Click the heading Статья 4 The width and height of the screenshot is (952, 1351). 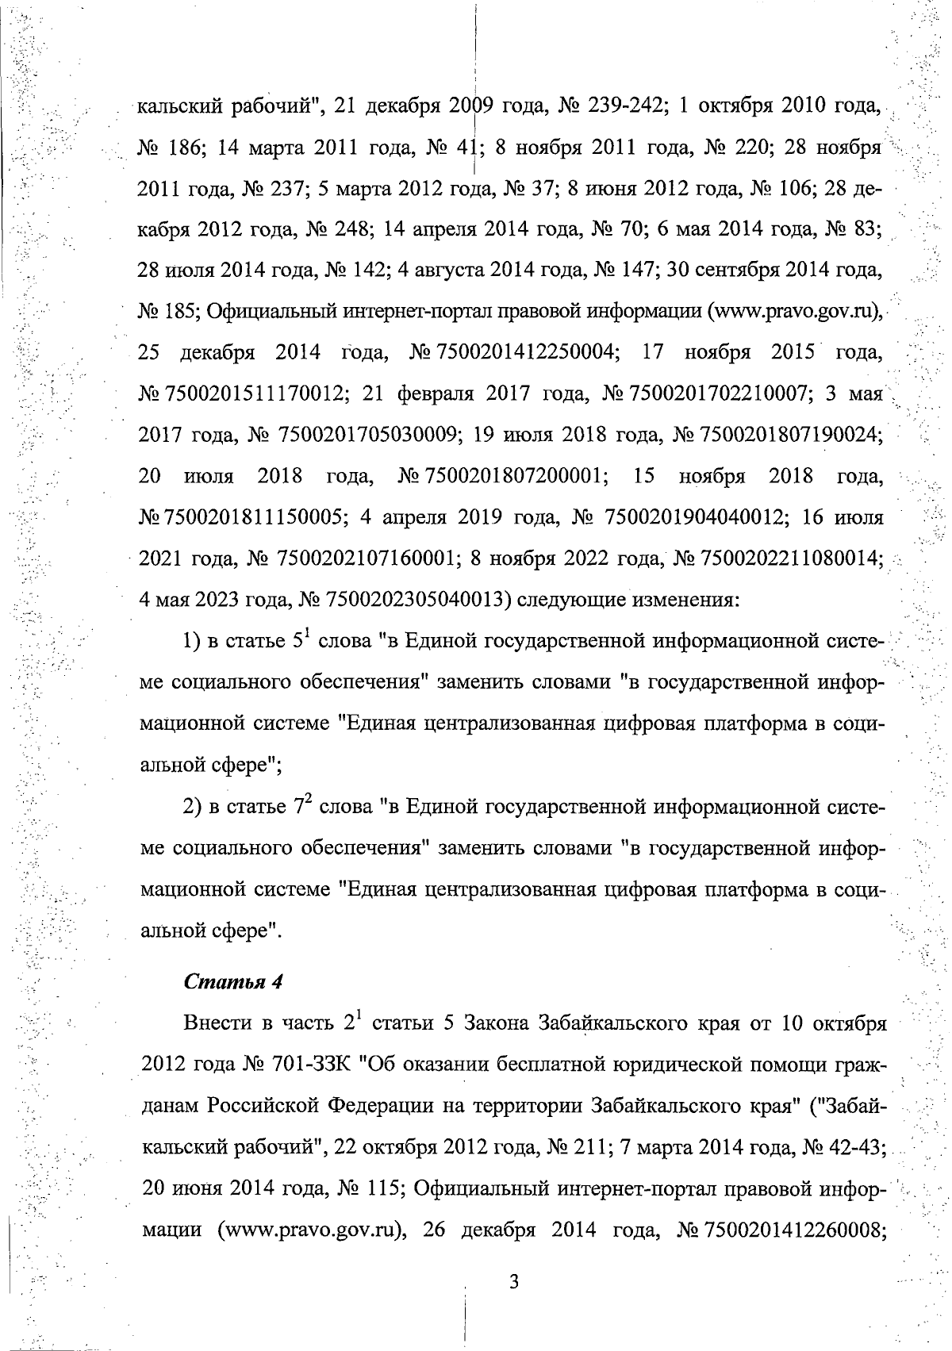point(233,981)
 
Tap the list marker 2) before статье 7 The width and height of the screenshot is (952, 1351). point(194,807)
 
